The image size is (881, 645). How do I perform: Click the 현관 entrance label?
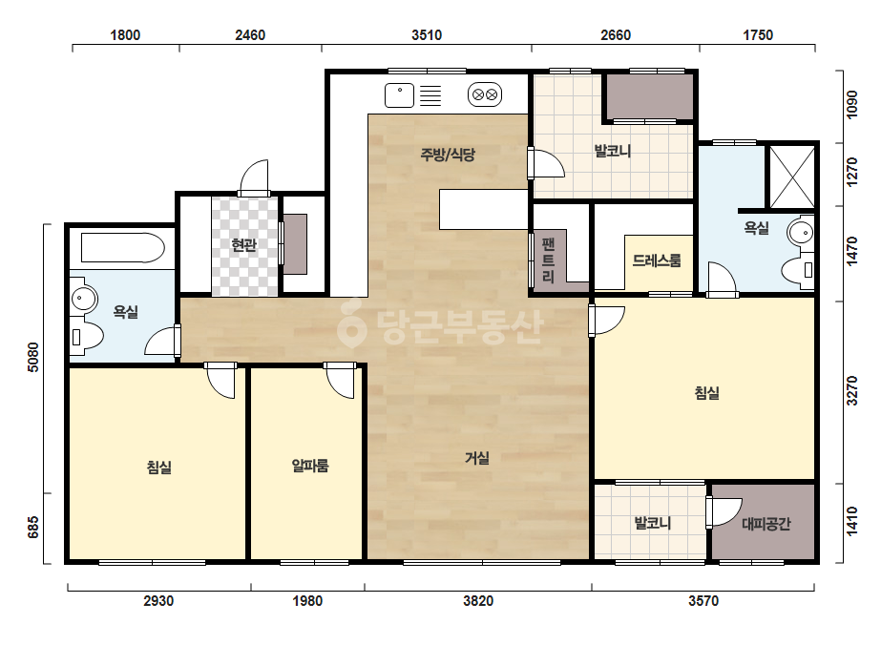243,245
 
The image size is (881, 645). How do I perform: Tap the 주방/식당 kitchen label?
448,154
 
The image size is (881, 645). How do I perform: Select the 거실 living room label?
477,458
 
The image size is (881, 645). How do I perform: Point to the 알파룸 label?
310,466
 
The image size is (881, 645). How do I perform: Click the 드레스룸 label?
657,260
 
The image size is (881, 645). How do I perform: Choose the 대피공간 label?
766,524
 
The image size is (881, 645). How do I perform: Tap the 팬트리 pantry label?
549,260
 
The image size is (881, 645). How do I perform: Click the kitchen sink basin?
400,95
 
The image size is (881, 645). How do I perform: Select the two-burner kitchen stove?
485,95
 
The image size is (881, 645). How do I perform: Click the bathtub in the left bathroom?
123,248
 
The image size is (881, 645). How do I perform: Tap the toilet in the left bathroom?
87,337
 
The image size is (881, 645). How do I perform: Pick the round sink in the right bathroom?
801,232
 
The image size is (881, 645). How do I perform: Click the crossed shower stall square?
791,177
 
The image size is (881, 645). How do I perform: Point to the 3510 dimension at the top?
427,35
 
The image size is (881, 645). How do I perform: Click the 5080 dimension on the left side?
33,357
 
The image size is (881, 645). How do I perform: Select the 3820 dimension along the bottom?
478,601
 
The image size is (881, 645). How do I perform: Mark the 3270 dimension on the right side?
852,390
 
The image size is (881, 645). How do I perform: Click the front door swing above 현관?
254,177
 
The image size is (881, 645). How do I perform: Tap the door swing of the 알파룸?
341,381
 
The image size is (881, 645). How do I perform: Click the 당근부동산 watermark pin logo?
351,323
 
